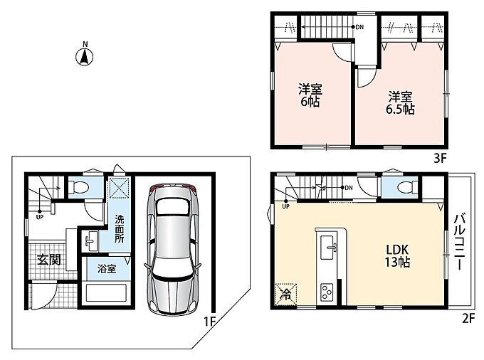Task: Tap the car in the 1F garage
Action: click(172, 249)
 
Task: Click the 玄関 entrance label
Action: click(49, 260)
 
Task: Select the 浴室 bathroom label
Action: click(107, 269)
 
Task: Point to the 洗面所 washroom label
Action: click(120, 228)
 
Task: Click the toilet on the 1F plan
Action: click(78, 187)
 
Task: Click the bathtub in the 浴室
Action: click(107, 292)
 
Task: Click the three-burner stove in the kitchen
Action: click(327, 292)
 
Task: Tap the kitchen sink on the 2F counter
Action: click(328, 247)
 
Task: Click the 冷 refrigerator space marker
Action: click(285, 295)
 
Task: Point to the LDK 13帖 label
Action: click(397, 255)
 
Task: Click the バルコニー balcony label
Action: click(459, 242)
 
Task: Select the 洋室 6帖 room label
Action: click(310, 95)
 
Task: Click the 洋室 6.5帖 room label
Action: click(400, 103)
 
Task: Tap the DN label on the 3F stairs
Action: click(359, 27)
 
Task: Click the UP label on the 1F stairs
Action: click(40, 217)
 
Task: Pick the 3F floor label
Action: click(440, 158)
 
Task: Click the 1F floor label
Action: click(209, 322)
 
